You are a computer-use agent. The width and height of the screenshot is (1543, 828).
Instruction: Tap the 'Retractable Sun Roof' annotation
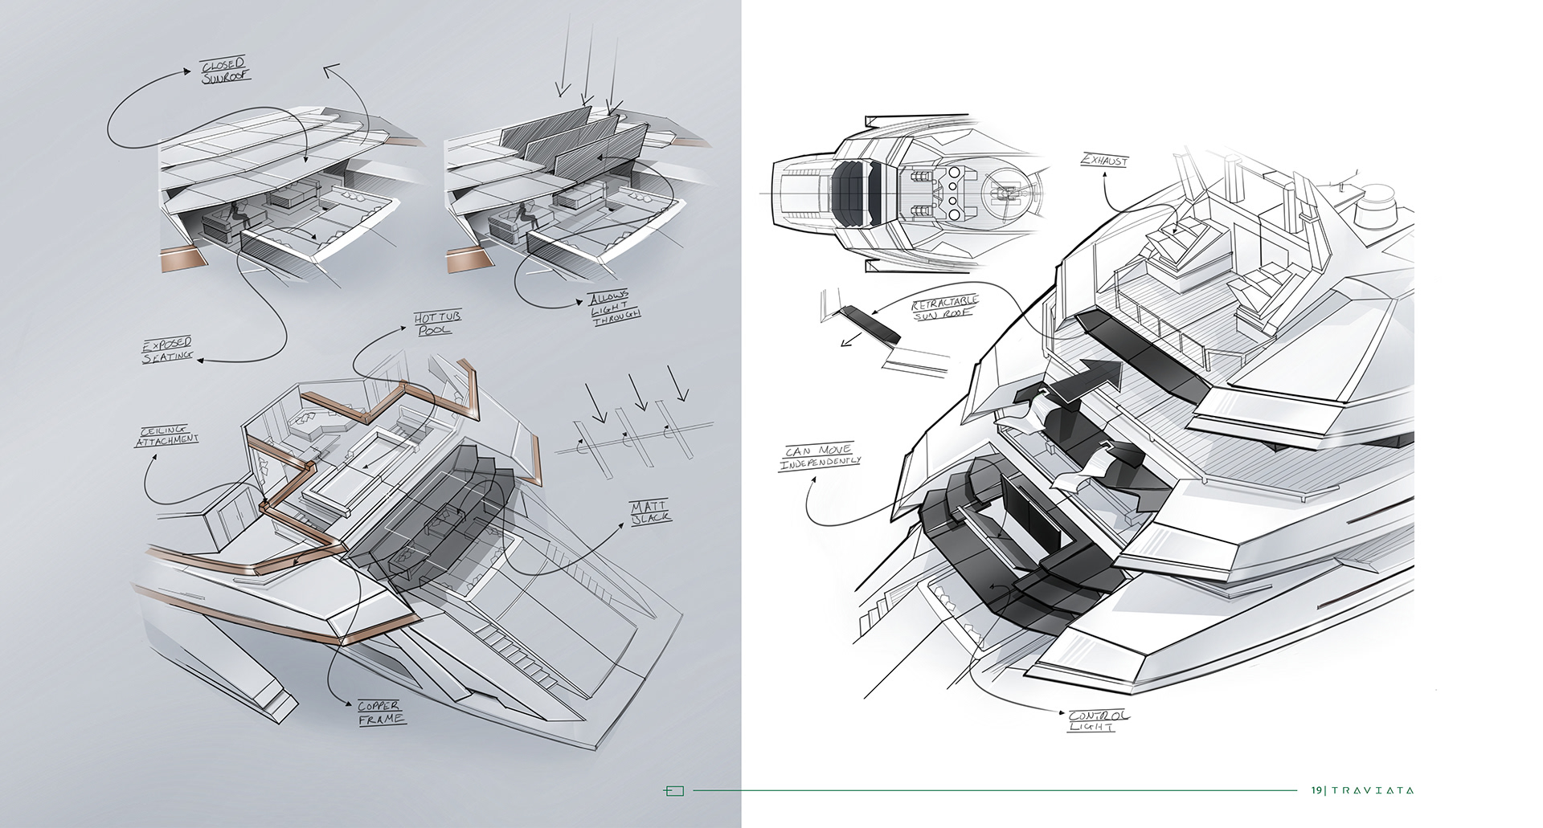945,308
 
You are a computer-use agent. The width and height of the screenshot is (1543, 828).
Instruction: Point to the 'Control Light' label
1099,720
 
